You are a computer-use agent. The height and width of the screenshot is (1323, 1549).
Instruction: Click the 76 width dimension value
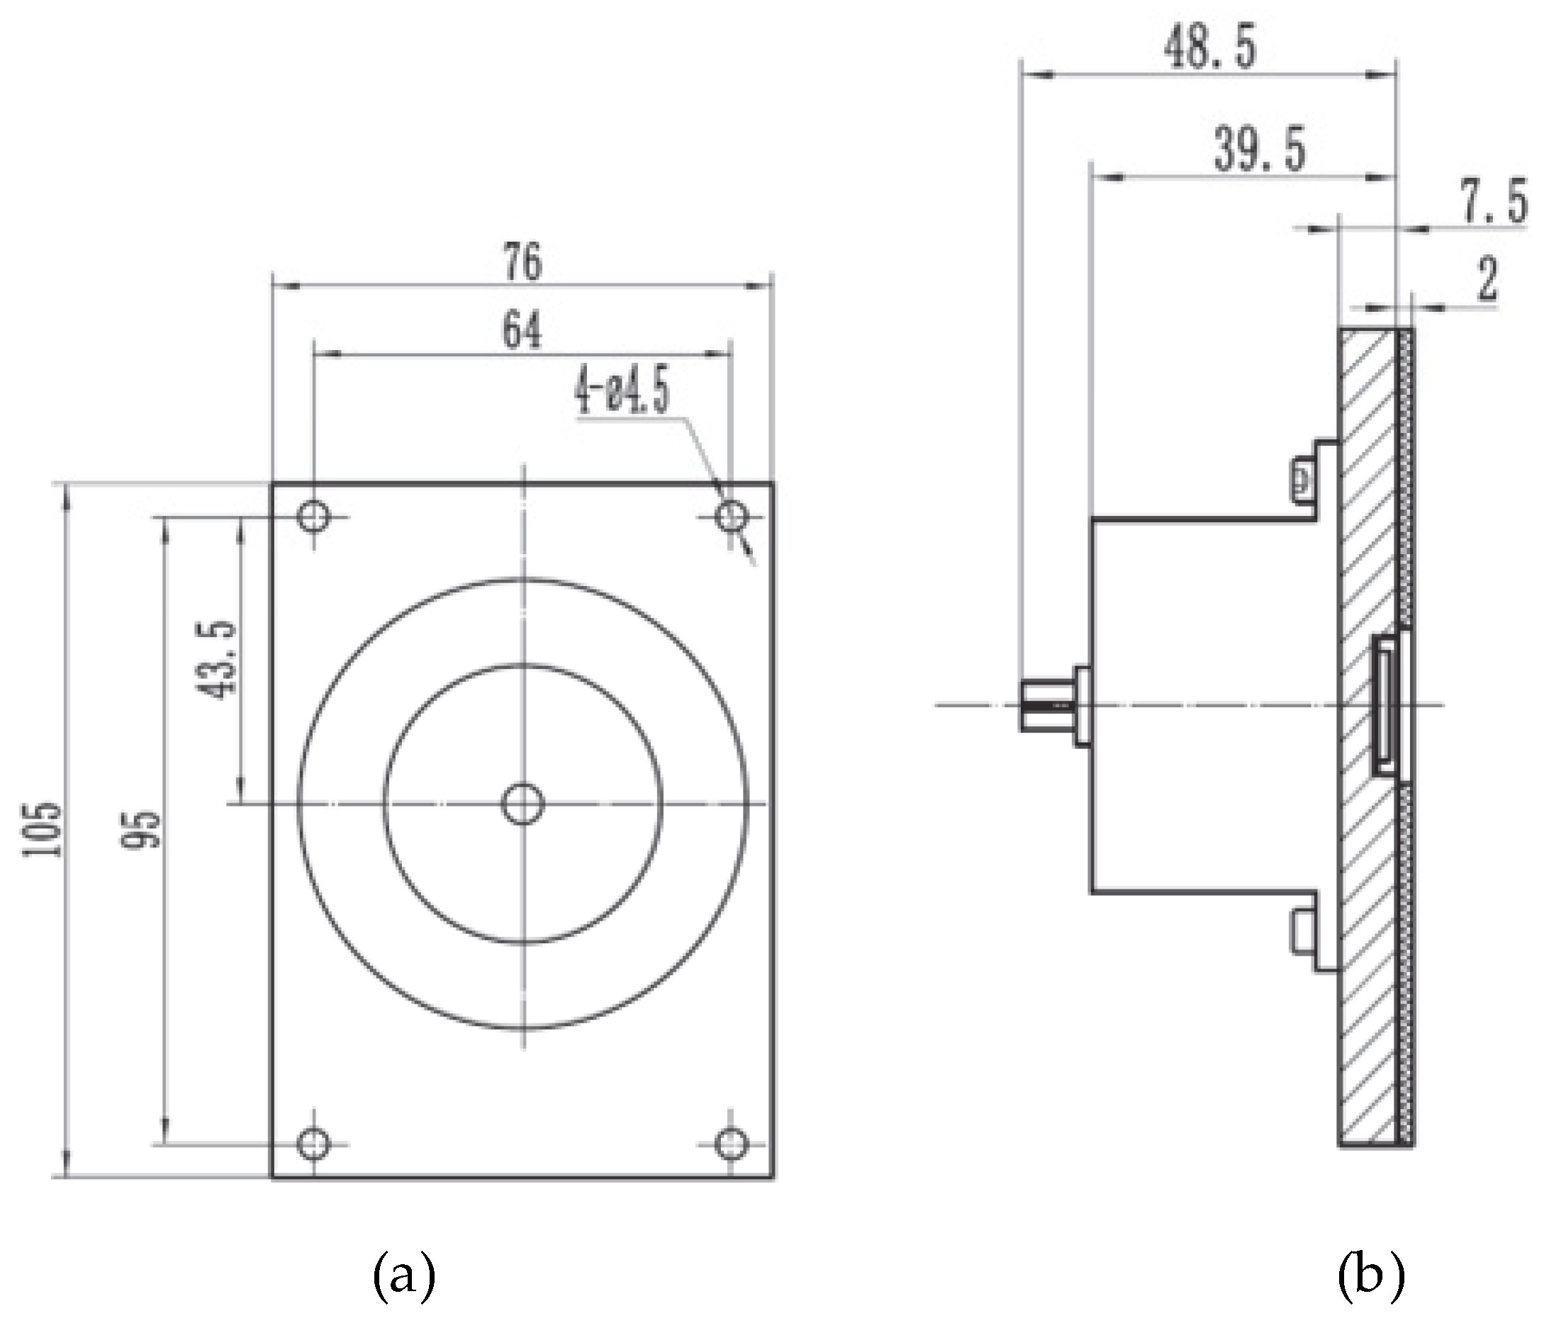[x=522, y=262]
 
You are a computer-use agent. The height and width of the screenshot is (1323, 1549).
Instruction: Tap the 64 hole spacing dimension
[x=521, y=330]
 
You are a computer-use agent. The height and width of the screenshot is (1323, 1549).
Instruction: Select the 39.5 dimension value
[x=1260, y=150]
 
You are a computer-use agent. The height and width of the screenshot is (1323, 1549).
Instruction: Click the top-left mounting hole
[x=313, y=516]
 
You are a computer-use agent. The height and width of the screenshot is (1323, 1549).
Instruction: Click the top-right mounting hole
[x=731, y=516]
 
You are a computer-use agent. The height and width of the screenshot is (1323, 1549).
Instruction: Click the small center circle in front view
[x=522, y=804]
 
